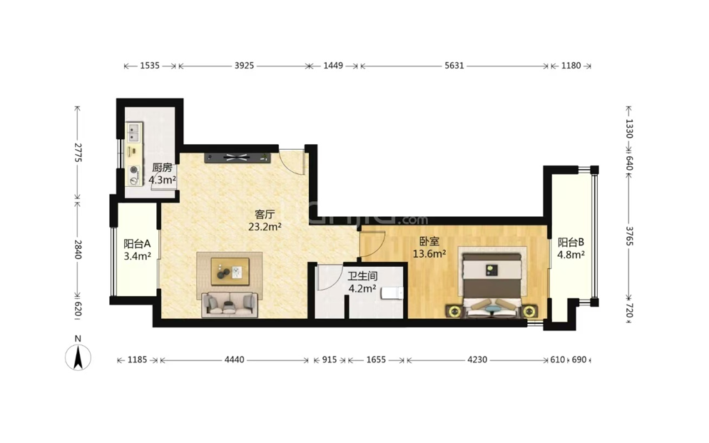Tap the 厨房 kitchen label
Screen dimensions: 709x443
[162, 168]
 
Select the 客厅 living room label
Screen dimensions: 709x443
[265, 214]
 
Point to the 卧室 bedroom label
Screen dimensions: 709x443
[429, 242]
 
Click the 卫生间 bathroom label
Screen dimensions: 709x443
[362, 276]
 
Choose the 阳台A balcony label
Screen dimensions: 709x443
[137, 244]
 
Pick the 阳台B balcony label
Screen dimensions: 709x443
[571, 243]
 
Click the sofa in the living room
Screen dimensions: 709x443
[230, 304]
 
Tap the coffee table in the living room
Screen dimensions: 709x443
[230, 271]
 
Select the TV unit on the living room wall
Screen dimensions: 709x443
[238, 158]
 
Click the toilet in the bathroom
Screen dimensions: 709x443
[392, 293]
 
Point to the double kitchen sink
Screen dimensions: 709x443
[134, 131]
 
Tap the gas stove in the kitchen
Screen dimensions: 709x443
[134, 175]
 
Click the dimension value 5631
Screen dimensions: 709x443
[454, 66]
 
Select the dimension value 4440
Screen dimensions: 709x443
[234, 360]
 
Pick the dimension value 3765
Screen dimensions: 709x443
[629, 235]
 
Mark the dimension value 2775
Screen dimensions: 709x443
[77, 153]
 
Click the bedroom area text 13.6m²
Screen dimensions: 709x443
[429, 254]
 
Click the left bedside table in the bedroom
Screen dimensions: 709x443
[454, 311]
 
